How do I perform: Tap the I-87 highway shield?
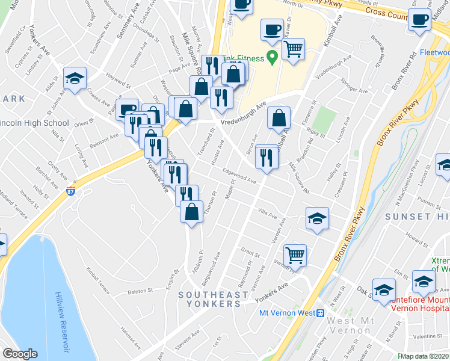(x=71, y=191)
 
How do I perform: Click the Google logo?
(x=20, y=354)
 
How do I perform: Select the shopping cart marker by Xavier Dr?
(x=293, y=50)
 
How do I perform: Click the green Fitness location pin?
(x=272, y=58)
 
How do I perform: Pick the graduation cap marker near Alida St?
(x=75, y=78)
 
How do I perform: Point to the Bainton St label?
(x=142, y=292)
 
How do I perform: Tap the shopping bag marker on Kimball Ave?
(x=279, y=119)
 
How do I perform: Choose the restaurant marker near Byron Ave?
(x=266, y=158)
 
